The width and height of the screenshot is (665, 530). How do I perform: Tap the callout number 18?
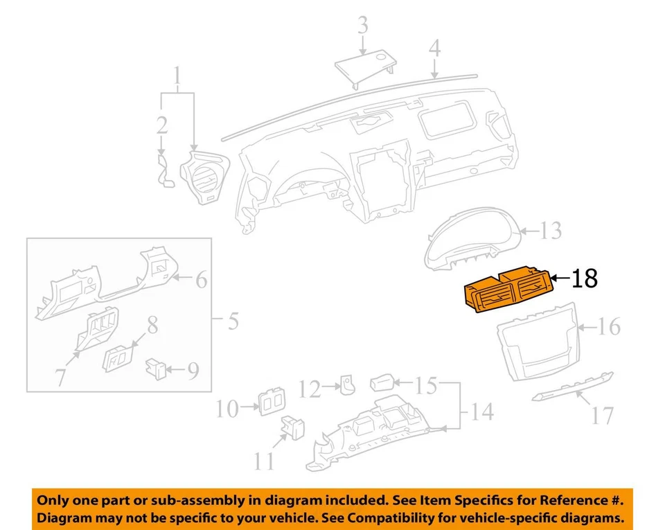[x=584, y=279]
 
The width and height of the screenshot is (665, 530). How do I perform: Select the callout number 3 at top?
[x=362, y=27]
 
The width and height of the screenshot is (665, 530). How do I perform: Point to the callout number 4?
[x=434, y=48]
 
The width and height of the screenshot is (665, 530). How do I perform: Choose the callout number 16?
[x=609, y=326]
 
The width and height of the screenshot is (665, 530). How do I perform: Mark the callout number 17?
[x=603, y=415]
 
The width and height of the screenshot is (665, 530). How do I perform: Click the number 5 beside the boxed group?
[x=233, y=322]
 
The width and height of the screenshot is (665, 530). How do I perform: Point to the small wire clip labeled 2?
[x=166, y=170]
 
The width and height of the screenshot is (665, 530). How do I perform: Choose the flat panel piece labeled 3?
[x=364, y=69]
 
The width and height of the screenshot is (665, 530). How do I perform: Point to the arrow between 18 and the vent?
[x=560, y=280]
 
